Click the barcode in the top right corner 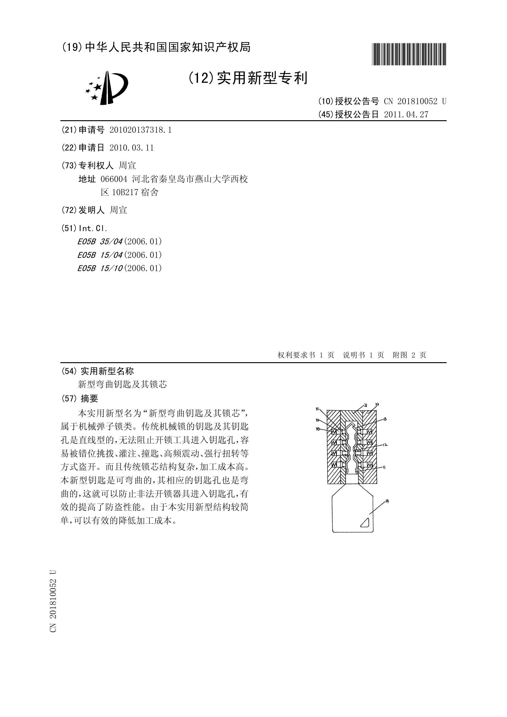[409, 54]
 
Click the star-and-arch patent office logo [107, 88]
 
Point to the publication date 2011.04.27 [406, 115]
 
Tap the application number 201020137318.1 [141, 130]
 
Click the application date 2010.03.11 [132, 148]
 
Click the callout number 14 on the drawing [387, 501]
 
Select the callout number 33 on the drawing [318, 430]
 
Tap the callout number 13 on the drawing [385, 419]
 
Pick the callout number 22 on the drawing [377, 404]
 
